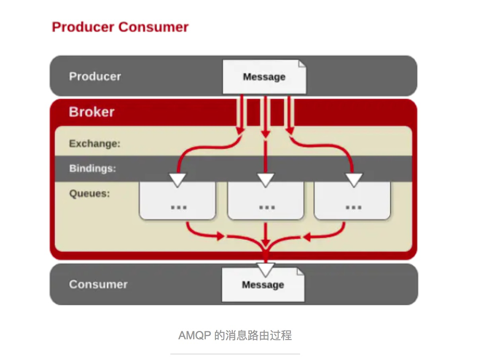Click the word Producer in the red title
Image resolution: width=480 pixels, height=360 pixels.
coord(84,27)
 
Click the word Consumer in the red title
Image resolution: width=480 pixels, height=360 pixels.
coord(154,27)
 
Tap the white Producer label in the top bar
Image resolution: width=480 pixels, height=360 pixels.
coord(95,76)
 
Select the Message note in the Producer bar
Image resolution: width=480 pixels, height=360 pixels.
coord(264,77)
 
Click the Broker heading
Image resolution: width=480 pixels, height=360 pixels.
coord(92,112)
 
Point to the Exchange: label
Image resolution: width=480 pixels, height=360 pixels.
coord(94,143)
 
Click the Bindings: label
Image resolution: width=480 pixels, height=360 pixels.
coord(92,168)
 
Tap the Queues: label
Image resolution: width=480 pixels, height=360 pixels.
coord(89,194)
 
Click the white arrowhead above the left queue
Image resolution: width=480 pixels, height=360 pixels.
coord(178,179)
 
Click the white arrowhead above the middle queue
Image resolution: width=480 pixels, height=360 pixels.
coord(266,179)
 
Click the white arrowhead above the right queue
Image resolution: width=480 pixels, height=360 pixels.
coord(353,179)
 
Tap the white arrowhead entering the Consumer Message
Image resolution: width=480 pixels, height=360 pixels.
coord(266,269)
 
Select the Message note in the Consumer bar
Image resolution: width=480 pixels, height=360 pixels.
coord(263,285)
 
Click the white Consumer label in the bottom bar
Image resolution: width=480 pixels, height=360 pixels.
coord(98,284)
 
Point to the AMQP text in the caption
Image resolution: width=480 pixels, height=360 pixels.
coord(194,335)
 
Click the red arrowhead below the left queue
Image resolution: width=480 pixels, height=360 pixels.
coord(220,237)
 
